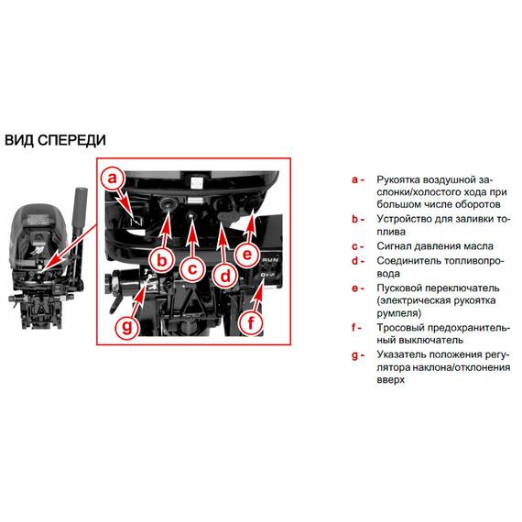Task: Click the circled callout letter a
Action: [113, 179]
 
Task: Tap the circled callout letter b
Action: [162, 260]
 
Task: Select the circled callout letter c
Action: [192, 268]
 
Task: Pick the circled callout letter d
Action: [225, 277]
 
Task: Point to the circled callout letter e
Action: [247, 255]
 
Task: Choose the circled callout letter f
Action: [251, 322]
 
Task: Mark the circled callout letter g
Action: [127, 327]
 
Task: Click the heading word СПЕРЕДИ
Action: [71, 140]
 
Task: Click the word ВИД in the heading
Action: [19, 140]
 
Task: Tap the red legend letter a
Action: [355, 180]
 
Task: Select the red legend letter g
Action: [355, 356]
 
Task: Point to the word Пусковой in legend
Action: [399, 288]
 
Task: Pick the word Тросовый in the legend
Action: [400, 328]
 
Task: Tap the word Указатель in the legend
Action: [401, 354]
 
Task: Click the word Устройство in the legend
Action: [404, 220]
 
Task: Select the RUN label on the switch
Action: [269, 259]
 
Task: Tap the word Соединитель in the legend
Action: [408, 261]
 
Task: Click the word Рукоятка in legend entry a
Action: [399, 180]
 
